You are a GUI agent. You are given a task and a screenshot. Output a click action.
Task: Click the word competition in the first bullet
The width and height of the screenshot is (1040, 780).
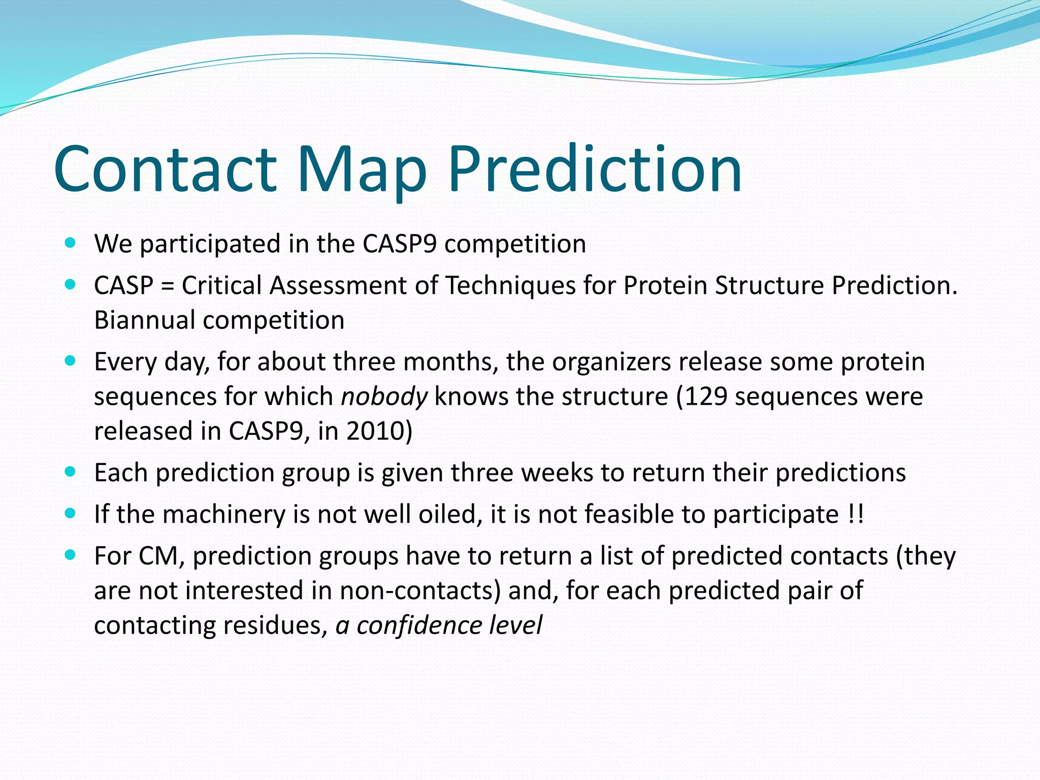pyautogui.click(x=515, y=244)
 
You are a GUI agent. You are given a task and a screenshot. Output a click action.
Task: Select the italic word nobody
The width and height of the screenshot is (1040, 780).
pyautogui.click(x=384, y=397)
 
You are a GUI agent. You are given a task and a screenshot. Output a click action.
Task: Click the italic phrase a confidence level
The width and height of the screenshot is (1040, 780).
pyautogui.click(x=439, y=625)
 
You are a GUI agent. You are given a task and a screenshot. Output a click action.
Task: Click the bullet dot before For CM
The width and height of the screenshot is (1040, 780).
pyautogui.click(x=71, y=555)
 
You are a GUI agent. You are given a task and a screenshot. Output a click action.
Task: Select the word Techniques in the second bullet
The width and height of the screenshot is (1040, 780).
pyautogui.click(x=510, y=285)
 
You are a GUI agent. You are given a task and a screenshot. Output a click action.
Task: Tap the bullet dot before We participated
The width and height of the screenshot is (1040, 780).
pyautogui.click(x=71, y=243)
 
